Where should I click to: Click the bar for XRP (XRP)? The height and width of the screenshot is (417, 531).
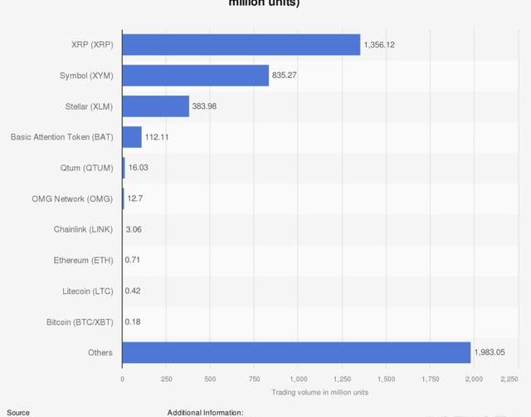[241, 45]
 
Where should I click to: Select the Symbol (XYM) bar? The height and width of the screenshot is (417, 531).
[195, 76]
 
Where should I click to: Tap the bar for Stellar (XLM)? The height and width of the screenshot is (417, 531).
[155, 106]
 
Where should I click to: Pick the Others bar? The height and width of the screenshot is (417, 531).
[296, 352]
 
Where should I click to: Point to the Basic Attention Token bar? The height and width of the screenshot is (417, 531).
[132, 137]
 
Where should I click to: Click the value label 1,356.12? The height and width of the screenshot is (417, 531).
[379, 45]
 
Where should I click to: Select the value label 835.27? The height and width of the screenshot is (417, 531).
[285, 76]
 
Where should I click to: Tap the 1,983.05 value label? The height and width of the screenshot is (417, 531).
[490, 352]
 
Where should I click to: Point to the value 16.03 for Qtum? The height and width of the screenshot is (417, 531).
[138, 168]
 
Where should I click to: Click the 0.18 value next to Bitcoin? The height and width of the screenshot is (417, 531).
[133, 321]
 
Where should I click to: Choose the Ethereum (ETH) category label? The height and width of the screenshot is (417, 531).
[83, 260]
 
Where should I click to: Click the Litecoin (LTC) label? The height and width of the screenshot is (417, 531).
[87, 291]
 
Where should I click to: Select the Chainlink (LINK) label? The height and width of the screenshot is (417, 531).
[84, 229]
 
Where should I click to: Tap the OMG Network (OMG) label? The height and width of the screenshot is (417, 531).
[71, 199]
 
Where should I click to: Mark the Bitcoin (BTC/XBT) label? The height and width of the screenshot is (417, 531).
[80, 321]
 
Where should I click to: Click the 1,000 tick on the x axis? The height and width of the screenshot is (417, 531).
[298, 379]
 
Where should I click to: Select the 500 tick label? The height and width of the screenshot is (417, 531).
[210, 379]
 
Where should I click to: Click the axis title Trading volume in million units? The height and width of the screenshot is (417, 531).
[319, 392]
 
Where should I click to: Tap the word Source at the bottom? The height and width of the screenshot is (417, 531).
[18, 412]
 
